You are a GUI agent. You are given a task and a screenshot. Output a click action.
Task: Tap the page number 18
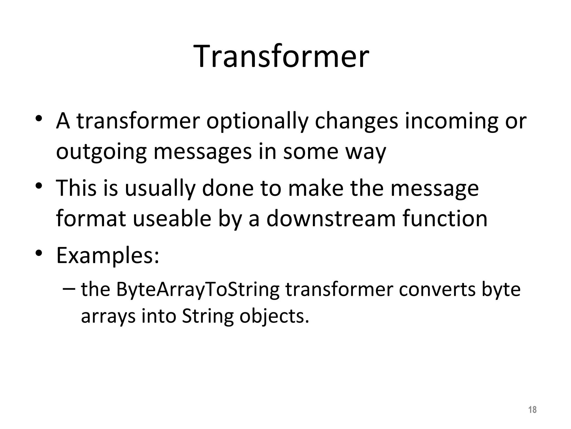click(532, 410)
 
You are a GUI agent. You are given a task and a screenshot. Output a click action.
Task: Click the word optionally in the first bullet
click(257, 122)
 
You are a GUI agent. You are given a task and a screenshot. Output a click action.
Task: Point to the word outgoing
click(101, 152)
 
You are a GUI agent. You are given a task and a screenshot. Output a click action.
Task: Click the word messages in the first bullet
click(202, 152)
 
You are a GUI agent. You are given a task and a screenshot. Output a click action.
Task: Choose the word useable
click(172, 219)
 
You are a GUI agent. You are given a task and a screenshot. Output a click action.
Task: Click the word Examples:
click(108, 256)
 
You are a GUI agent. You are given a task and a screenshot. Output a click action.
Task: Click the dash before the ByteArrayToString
click(69, 288)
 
